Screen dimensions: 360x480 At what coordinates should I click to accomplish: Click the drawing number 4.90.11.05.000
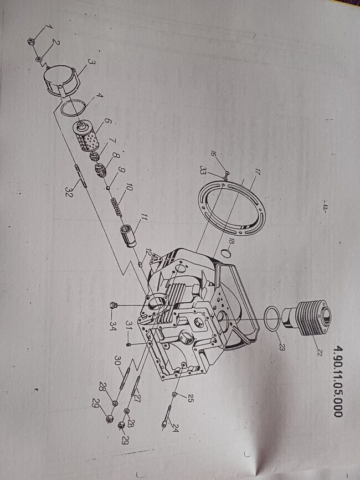pos(337,381)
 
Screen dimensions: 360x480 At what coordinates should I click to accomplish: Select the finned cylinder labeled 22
pos(307,317)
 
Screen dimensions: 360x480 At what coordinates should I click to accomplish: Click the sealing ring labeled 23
pos(271,319)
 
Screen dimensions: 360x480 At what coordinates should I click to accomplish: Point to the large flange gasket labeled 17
pos(232,208)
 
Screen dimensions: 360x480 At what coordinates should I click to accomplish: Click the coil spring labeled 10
pos(117,207)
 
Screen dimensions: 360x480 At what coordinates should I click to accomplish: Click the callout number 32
pos(69,193)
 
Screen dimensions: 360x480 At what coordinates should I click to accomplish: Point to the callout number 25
pos(191,399)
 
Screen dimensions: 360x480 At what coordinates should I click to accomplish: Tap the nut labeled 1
pos(30,42)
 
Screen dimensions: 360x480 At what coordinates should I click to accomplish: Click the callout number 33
pos(203,169)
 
